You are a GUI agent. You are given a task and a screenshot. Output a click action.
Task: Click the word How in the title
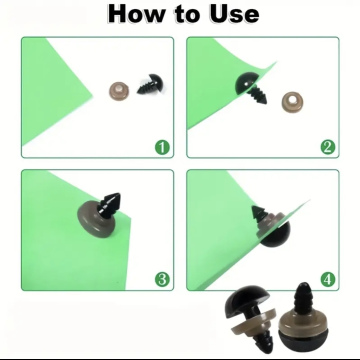coord(136,14)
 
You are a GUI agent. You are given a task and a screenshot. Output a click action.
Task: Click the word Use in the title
coord(234,14)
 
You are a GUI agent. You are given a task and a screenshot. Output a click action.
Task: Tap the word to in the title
coord(186,15)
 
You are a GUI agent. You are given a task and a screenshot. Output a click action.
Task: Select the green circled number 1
coord(162,147)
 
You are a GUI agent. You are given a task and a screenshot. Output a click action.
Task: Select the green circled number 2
coord(328,147)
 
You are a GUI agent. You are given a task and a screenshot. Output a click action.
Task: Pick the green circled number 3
coord(162,280)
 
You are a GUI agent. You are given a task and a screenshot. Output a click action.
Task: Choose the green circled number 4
coord(328,280)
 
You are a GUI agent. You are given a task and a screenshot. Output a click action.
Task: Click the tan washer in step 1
coord(119,92)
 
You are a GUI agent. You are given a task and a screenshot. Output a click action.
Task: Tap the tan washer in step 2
coord(293,102)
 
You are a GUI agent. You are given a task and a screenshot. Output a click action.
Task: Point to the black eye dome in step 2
coord(245,83)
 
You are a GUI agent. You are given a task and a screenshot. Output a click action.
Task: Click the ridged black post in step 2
coord(258,95)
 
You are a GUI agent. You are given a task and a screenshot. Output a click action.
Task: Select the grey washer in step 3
coord(97,221)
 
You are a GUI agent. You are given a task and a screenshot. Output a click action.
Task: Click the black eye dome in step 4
coord(275,234)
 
